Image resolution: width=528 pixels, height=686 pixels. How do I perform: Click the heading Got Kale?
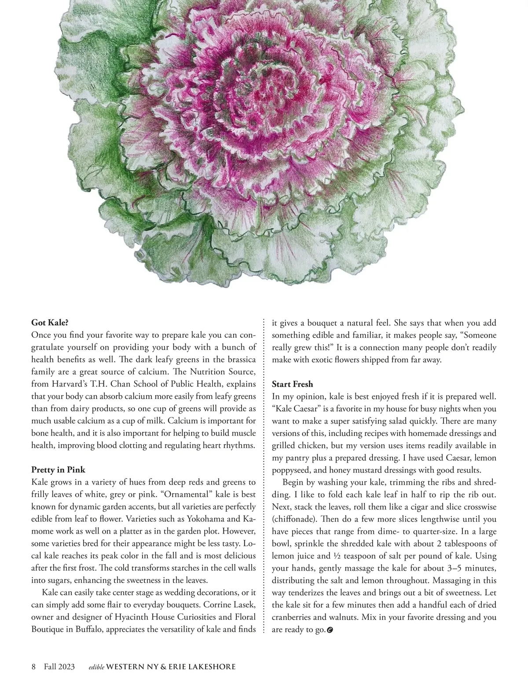click(x=50, y=322)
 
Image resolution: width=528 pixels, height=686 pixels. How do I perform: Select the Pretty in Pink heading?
click(x=58, y=469)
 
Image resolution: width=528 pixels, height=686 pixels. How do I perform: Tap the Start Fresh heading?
click(x=293, y=384)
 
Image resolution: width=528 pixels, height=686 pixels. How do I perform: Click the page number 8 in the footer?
click(x=34, y=667)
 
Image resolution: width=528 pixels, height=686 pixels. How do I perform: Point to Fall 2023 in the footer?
click(x=59, y=667)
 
